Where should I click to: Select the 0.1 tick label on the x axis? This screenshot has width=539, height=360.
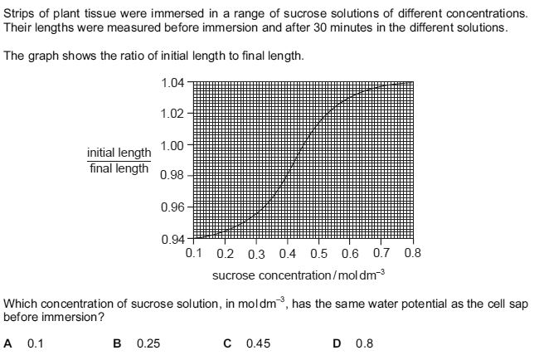pos(196,252)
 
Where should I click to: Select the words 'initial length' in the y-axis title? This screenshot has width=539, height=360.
pos(119,153)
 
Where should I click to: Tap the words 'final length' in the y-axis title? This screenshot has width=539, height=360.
pos(119,168)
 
